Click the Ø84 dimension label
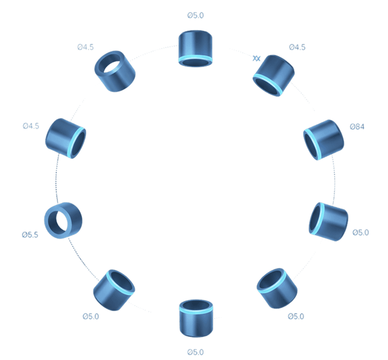[357, 127]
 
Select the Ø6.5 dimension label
[30, 235]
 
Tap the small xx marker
[257, 58]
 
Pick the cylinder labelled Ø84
[323, 139]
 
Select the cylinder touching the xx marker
[274, 76]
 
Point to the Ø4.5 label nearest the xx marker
[297, 48]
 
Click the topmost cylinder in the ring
[195, 49]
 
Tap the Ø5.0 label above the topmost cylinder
[195, 16]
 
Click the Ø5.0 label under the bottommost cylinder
[195, 352]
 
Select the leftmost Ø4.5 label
[31, 126]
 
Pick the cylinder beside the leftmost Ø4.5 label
[65, 138]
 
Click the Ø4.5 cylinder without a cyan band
[115, 71]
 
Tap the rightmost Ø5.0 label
[361, 233]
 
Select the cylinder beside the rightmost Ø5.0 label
[328, 222]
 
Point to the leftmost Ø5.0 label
[91, 316]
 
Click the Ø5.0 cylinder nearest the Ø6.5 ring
[114, 290]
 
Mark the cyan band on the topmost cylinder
[195, 60]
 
